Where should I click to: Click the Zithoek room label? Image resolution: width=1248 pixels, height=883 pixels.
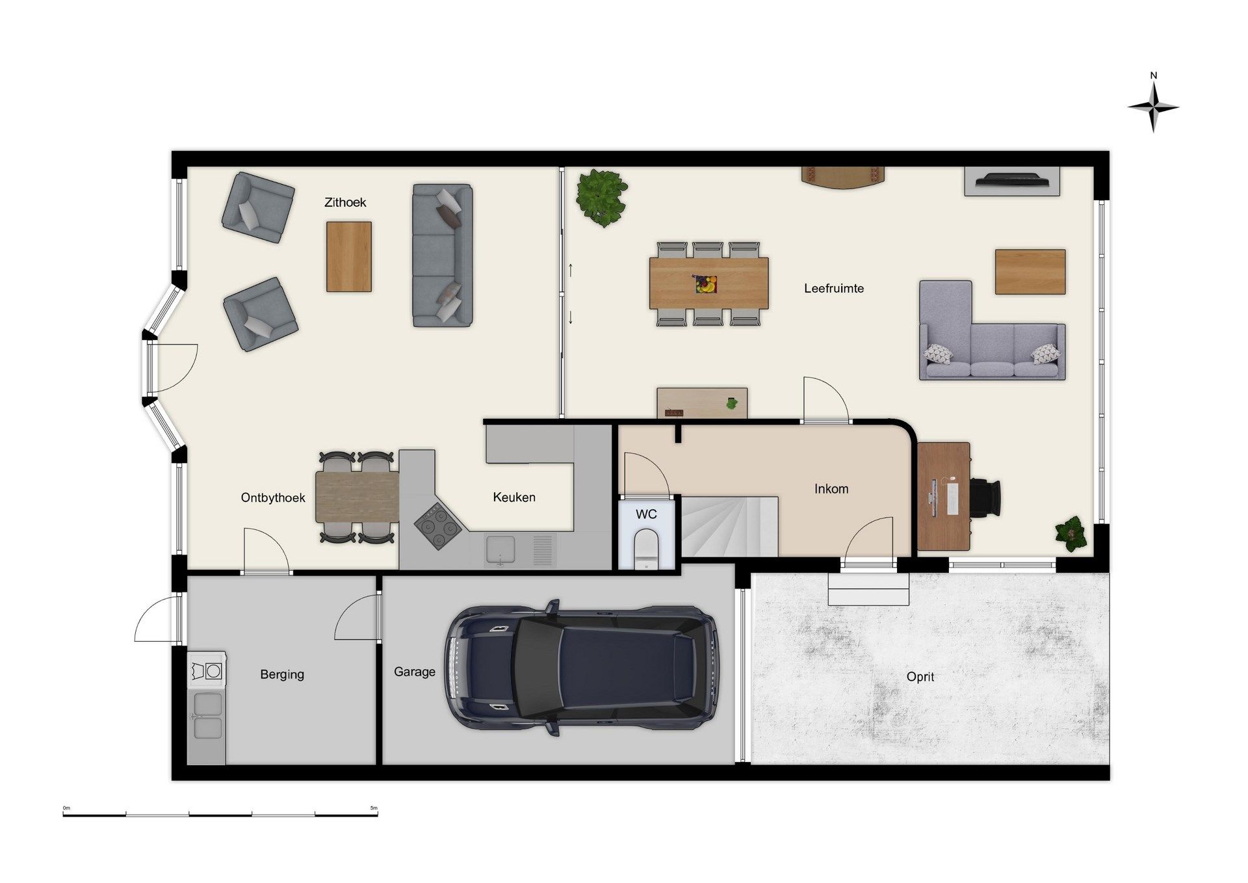point(345,202)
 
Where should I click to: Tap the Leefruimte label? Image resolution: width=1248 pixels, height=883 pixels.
point(834,288)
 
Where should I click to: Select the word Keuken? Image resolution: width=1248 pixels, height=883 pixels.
point(514,497)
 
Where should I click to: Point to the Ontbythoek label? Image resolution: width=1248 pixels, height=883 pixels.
point(273,497)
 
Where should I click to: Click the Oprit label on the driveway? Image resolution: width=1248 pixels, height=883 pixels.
point(920,676)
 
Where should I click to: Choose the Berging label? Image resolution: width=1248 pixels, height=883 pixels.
point(282,674)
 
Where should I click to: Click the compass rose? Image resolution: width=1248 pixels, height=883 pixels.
point(1153,107)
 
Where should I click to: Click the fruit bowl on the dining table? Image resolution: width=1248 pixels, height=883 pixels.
point(705,284)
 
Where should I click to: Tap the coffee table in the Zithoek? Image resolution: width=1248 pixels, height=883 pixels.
point(349,256)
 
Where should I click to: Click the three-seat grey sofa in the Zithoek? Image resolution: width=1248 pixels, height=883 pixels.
point(443,255)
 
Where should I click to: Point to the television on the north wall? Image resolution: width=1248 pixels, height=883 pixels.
point(1012,180)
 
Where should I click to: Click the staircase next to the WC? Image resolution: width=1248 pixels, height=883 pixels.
point(729,527)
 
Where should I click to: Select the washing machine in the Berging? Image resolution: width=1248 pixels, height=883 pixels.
point(207,670)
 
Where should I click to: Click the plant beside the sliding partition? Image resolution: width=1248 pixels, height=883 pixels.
point(602,198)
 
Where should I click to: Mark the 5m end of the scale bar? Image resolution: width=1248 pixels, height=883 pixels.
point(378,814)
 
